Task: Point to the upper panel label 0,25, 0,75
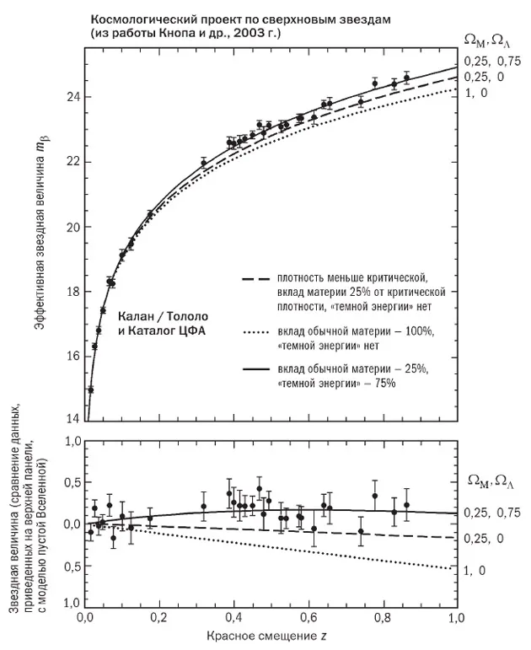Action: coord(489,60)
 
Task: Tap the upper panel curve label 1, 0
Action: coord(477,93)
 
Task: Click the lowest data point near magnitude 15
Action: coord(90,389)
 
